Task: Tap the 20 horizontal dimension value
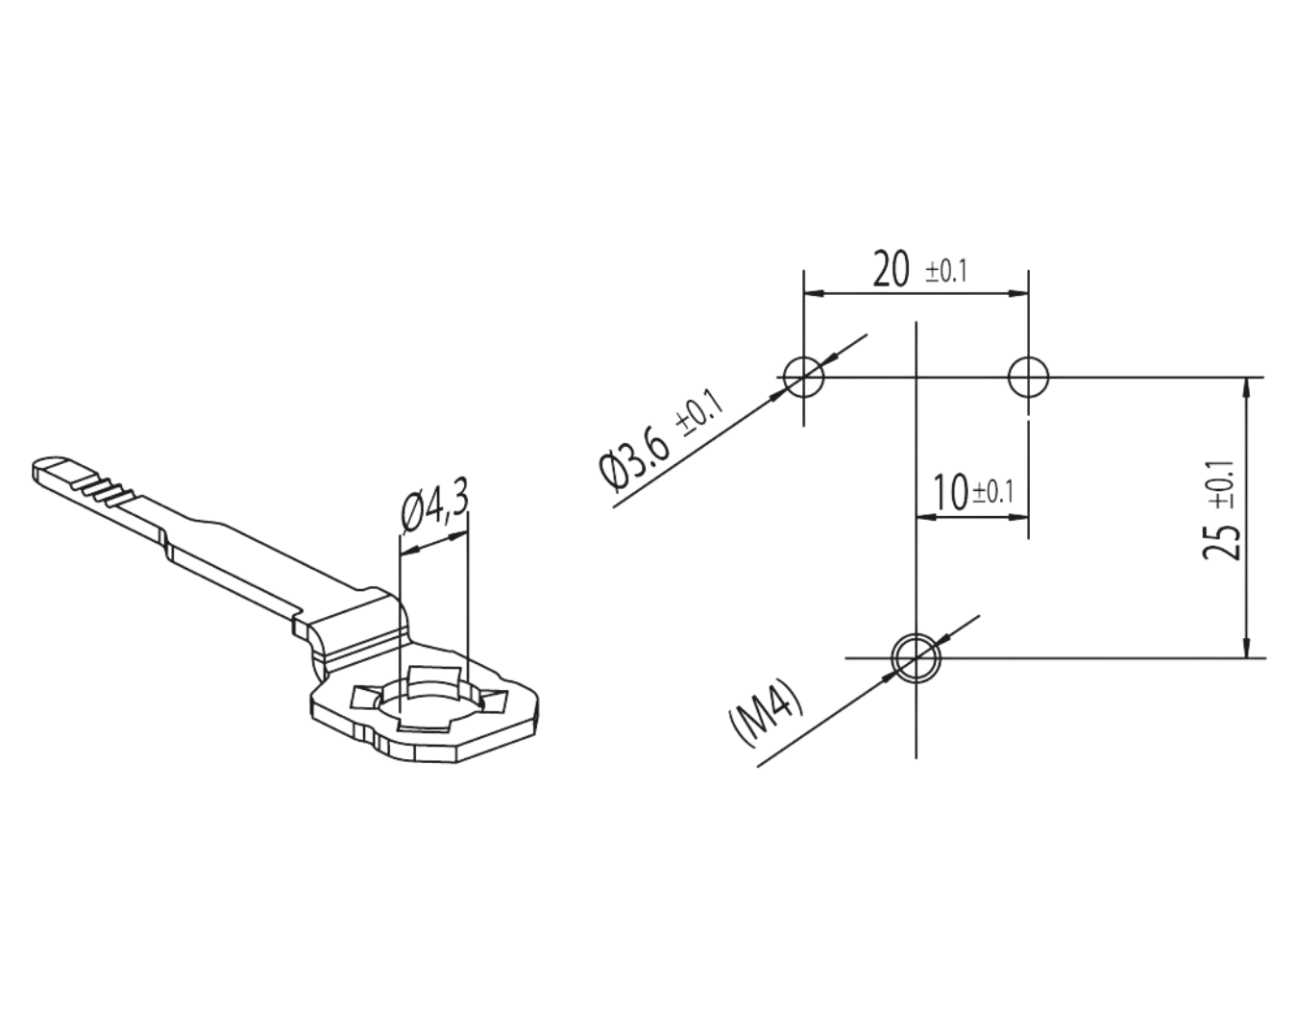click(892, 269)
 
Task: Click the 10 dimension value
click(951, 493)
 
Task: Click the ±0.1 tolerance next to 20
click(946, 272)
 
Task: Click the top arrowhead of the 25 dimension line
click(1247, 388)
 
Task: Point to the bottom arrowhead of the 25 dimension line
click(1247, 647)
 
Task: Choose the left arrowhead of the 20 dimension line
click(815, 293)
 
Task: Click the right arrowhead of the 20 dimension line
click(1017, 293)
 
